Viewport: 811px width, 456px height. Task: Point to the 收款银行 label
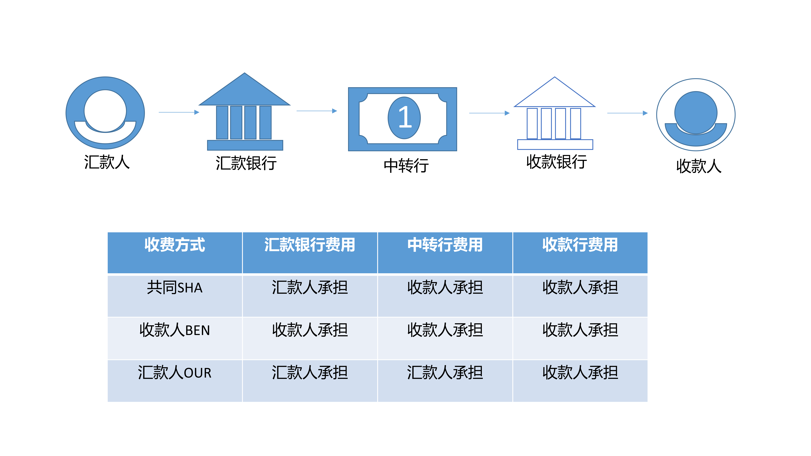pos(556,162)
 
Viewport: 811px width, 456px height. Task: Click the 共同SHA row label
pos(175,288)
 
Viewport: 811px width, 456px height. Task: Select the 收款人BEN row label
pos(175,330)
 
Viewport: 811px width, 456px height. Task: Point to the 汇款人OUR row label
pos(175,373)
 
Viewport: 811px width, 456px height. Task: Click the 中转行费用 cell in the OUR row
pos(445,373)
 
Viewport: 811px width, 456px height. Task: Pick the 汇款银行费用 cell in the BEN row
pos(310,330)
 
